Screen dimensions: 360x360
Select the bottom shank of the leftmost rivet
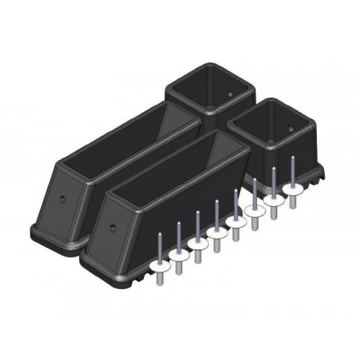point(159,279)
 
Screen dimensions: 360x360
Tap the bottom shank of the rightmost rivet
point(293,202)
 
